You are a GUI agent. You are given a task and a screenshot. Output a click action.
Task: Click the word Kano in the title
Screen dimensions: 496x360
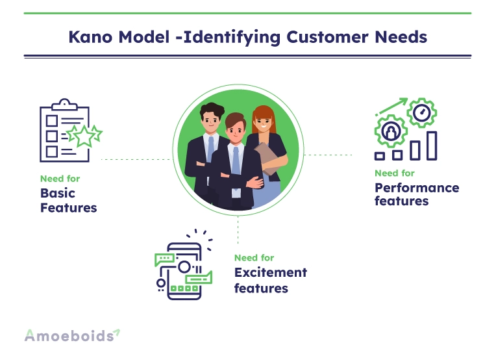[x=90, y=37]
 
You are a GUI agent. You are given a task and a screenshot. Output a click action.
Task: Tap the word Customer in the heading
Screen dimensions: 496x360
[x=327, y=37]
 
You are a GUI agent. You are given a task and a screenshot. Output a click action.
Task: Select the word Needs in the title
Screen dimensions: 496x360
[x=401, y=37]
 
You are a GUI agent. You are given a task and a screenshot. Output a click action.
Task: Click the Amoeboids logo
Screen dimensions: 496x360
[x=72, y=335]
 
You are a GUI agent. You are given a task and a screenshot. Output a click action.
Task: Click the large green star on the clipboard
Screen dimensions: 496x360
[x=84, y=136]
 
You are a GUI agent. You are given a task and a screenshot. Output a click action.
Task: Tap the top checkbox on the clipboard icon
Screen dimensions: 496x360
[x=52, y=121]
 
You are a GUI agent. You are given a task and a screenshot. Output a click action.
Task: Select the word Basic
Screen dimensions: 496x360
[x=58, y=193]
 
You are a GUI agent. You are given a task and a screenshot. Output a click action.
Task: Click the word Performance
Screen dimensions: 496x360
[x=417, y=188]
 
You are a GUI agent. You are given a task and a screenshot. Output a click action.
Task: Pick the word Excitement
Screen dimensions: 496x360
[x=271, y=272]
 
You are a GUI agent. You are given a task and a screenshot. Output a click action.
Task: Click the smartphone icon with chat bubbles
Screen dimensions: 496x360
[x=184, y=264]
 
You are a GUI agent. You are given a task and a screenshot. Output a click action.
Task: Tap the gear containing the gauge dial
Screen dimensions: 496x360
[x=421, y=112]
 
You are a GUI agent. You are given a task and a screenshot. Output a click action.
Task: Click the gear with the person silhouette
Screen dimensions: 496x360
[x=391, y=131]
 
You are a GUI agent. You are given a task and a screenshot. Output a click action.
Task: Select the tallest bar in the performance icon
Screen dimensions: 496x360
[x=432, y=146]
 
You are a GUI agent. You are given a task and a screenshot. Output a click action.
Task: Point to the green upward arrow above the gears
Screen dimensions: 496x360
[x=391, y=107]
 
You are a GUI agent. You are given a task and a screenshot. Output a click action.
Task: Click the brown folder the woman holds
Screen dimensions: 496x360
[x=267, y=157]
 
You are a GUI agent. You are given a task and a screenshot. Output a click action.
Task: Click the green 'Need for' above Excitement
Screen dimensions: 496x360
[x=254, y=258]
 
